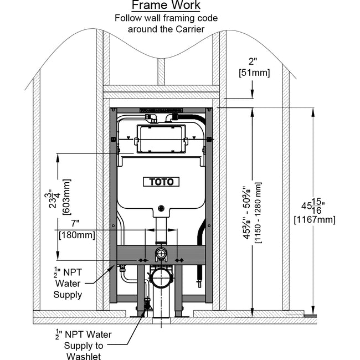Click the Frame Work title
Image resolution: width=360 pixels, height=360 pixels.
pos(166,6)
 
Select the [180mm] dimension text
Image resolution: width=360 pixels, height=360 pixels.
pos(77,235)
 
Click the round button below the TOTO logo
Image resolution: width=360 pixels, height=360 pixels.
pos(161,209)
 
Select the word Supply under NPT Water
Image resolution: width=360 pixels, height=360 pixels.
pos(68,295)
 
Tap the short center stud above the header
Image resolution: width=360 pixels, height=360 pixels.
pos(161,71)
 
